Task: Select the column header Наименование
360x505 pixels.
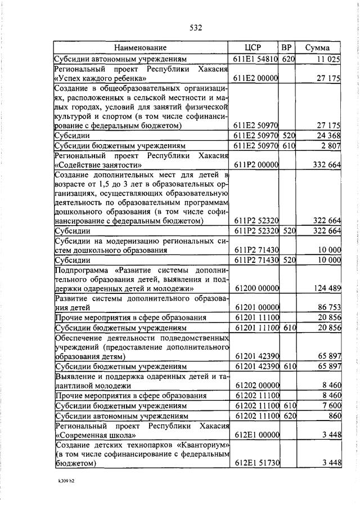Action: point(141,47)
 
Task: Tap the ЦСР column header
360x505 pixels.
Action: point(254,47)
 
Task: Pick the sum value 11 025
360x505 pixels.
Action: point(329,59)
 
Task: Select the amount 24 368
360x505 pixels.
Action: point(328,136)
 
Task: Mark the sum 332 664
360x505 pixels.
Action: point(327,165)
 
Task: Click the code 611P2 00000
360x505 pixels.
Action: point(255,165)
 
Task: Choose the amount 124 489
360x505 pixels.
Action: point(327,289)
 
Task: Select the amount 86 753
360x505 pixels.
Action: point(329,308)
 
